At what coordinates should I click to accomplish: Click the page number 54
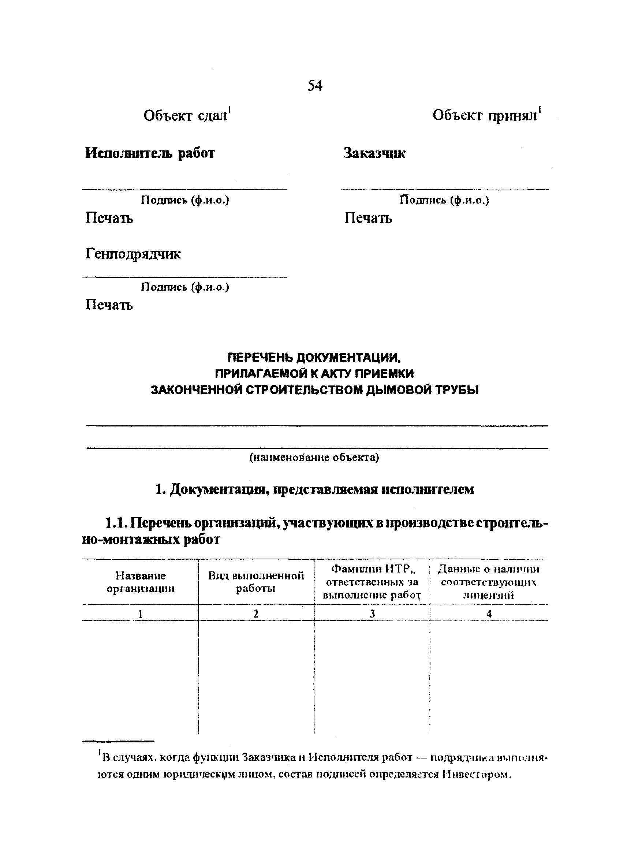[x=315, y=85]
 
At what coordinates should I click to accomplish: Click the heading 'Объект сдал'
[x=186, y=116]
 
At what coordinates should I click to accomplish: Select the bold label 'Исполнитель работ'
[x=149, y=153]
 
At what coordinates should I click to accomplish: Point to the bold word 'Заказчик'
[x=374, y=153]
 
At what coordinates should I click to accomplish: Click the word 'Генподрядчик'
[x=133, y=254]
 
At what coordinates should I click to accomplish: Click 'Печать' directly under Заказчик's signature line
[x=368, y=218]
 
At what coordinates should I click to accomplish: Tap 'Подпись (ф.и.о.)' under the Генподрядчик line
[x=185, y=287]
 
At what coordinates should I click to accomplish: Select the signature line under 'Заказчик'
[x=445, y=189]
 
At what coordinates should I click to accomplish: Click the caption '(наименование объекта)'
[x=314, y=457]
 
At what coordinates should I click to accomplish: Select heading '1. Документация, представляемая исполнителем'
[x=315, y=489]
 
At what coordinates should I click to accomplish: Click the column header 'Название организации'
[x=140, y=582]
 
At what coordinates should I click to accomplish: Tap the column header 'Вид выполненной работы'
[x=256, y=582]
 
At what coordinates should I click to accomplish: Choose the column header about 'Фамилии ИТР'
[x=372, y=582]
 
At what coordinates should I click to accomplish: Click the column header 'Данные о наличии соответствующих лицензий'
[x=489, y=582]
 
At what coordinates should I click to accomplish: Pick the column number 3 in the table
[x=372, y=614]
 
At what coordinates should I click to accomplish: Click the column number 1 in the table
[x=140, y=614]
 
